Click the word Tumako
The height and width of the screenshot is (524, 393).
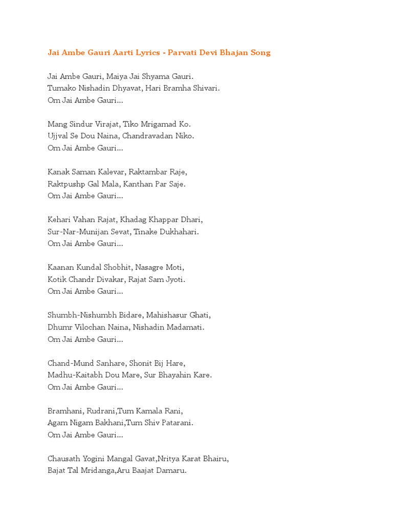click(x=62, y=89)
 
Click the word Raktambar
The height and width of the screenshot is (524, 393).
click(x=150, y=172)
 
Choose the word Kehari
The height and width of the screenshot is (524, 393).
click(x=59, y=220)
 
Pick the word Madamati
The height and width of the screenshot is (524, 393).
click(x=186, y=327)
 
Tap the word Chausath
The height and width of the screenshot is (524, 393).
click(x=64, y=459)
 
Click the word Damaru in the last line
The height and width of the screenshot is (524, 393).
click(x=170, y=471)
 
